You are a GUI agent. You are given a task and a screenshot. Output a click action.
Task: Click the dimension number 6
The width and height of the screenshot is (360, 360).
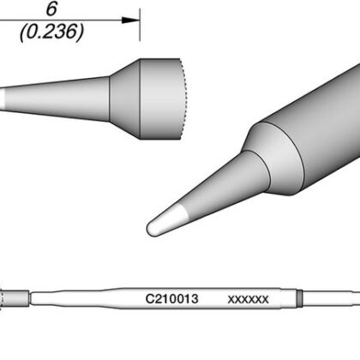tap(51, 9)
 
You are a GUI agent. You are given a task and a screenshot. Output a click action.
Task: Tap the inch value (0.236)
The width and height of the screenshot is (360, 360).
tap(51, 32)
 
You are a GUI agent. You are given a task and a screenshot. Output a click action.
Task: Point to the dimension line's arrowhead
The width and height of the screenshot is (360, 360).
tap(130, 21)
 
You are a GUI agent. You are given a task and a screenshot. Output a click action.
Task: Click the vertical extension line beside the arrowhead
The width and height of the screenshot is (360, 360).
tap(140, 25)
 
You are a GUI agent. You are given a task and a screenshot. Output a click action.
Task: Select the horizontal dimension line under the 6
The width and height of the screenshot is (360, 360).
tap(69, 21)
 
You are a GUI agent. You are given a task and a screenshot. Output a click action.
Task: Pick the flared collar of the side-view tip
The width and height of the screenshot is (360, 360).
tap(125, 99)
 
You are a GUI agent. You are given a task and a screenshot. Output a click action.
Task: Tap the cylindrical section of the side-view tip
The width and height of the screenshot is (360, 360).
tap(160, 99)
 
